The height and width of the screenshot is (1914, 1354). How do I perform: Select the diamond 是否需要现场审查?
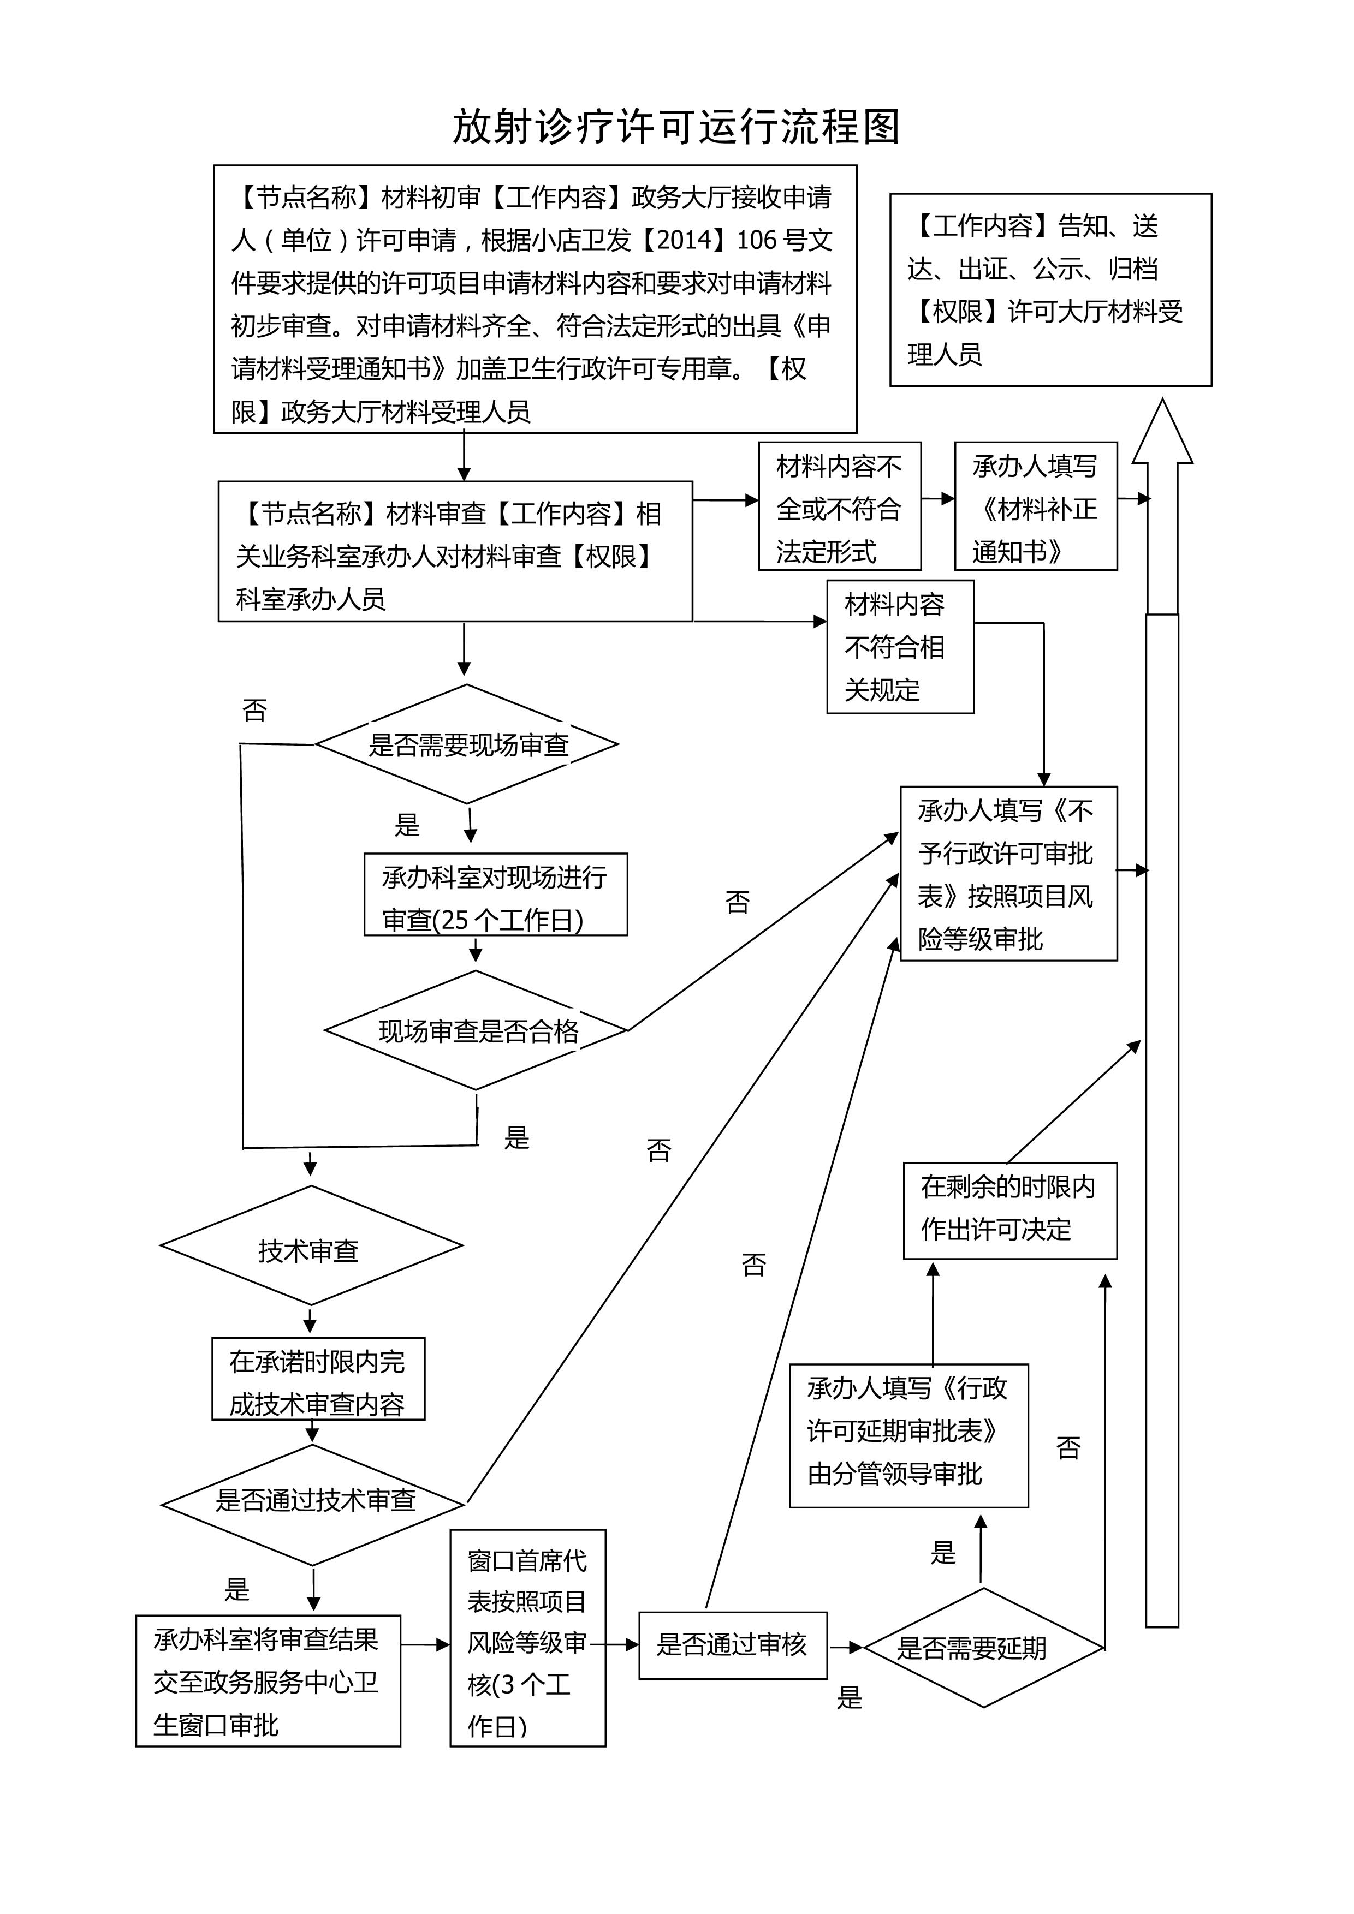pos(467,744)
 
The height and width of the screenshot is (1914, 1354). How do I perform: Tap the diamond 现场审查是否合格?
pos(476,1031)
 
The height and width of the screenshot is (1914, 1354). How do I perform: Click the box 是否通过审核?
pos(732,1645)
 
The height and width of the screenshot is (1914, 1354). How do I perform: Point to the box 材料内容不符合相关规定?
pos(900,647)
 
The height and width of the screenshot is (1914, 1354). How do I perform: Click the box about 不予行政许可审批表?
pos(1008,874)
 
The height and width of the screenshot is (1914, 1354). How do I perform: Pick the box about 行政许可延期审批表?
pos(908,1435)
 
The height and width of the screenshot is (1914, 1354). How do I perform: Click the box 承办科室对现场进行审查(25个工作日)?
pos(495,895)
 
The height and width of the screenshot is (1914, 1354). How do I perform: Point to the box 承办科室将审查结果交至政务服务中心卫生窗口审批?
pos(268,1682)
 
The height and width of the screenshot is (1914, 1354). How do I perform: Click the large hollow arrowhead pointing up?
pos(1162,433)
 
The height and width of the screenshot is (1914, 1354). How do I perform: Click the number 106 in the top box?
pos(756,240)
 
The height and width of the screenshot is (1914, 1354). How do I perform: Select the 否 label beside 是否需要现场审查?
pos(254,711)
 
